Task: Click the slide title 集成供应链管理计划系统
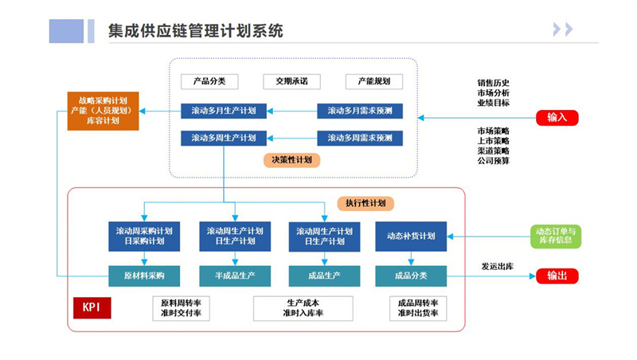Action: [196, 31]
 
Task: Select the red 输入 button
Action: [557, 118]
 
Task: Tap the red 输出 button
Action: [557, 276]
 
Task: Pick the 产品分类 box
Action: [210, 81]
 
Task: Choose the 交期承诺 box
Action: [291, 81]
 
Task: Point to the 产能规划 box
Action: [373, 81]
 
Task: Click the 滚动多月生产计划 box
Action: [224, 111]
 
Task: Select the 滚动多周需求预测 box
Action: [360, 138]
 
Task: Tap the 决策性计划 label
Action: [291, 159]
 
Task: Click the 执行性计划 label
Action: [365, 203]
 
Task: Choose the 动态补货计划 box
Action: [411, 236]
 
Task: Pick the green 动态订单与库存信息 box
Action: [557, 236]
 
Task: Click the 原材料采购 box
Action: [145, 276]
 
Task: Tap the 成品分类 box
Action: [411, 276]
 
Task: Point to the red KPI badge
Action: [92, 307]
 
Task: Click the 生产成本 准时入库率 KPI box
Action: [303, 308]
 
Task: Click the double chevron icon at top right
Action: [563, 30]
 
